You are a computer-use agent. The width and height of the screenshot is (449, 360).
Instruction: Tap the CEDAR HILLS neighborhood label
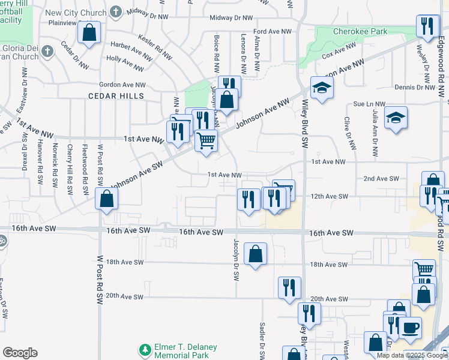click(x=116, y=96)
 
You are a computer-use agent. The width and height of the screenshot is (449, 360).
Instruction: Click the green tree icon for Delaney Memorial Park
click(x=144, y=349)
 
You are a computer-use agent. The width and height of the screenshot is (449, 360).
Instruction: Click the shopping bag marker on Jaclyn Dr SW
click(x=256, y=253)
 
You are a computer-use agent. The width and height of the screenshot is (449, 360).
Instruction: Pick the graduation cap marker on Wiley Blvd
click(x=322, y=88)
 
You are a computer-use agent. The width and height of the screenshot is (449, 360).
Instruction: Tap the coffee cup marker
click(x=411, y=328)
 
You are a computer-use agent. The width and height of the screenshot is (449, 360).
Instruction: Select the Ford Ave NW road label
click(x=273, y=31)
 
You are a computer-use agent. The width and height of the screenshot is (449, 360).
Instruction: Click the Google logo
click(x=20, y=353)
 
